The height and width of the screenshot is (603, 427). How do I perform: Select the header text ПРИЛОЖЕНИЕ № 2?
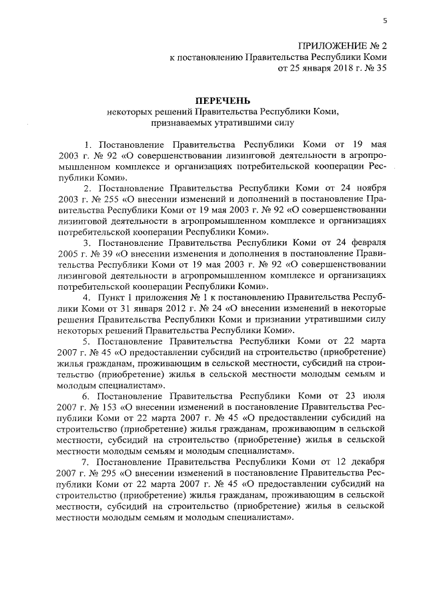pyautogui.click(x=343, y=46)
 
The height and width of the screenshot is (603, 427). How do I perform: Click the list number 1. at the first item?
pyautogui.click(x=87, y=145)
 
